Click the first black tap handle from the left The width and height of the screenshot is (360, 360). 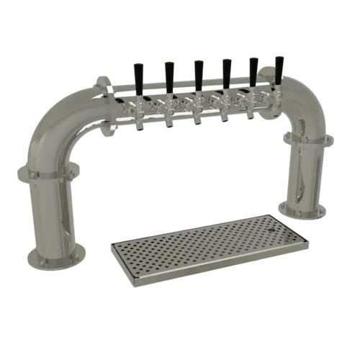point(140,74)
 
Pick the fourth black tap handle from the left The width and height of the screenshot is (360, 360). point(225,71)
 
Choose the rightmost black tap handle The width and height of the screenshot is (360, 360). point(278,67)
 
